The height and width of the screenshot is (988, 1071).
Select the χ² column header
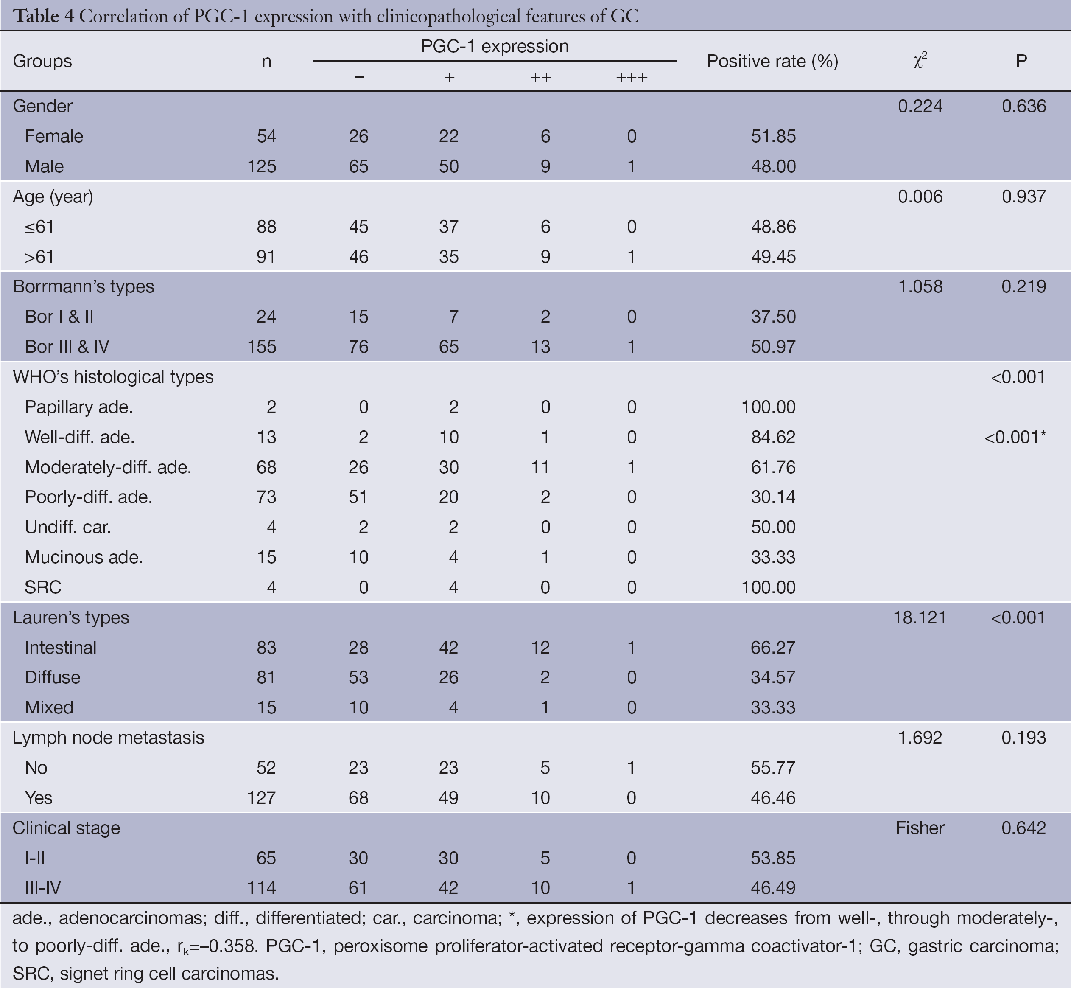click(920, 62)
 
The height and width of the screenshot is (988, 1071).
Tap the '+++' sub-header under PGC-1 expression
click(631, 78)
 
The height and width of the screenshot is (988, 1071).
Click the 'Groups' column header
click(42, 62)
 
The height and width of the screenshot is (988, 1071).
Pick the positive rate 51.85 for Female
click(773, 136)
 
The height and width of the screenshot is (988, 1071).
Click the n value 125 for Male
click(261, 166)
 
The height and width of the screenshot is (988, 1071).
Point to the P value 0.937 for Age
click(1023, 197)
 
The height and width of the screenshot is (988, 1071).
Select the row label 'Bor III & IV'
click(67, 346)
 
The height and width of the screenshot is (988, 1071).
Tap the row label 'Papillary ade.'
click(78, 407)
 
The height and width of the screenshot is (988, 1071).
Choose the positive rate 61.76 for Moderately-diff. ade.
click(773, 467)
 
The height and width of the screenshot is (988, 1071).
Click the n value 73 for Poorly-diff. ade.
click(266, 497)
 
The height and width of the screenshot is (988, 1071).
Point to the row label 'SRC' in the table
click(43, 587)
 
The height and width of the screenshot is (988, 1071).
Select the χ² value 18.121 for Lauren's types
click(919, 617)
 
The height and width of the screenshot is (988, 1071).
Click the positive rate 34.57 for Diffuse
click(773, 677)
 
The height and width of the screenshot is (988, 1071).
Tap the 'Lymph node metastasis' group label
click(109, 738)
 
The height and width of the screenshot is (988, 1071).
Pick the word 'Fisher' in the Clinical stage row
click(920, 828)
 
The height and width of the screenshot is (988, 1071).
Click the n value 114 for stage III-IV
click(261, 888)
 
